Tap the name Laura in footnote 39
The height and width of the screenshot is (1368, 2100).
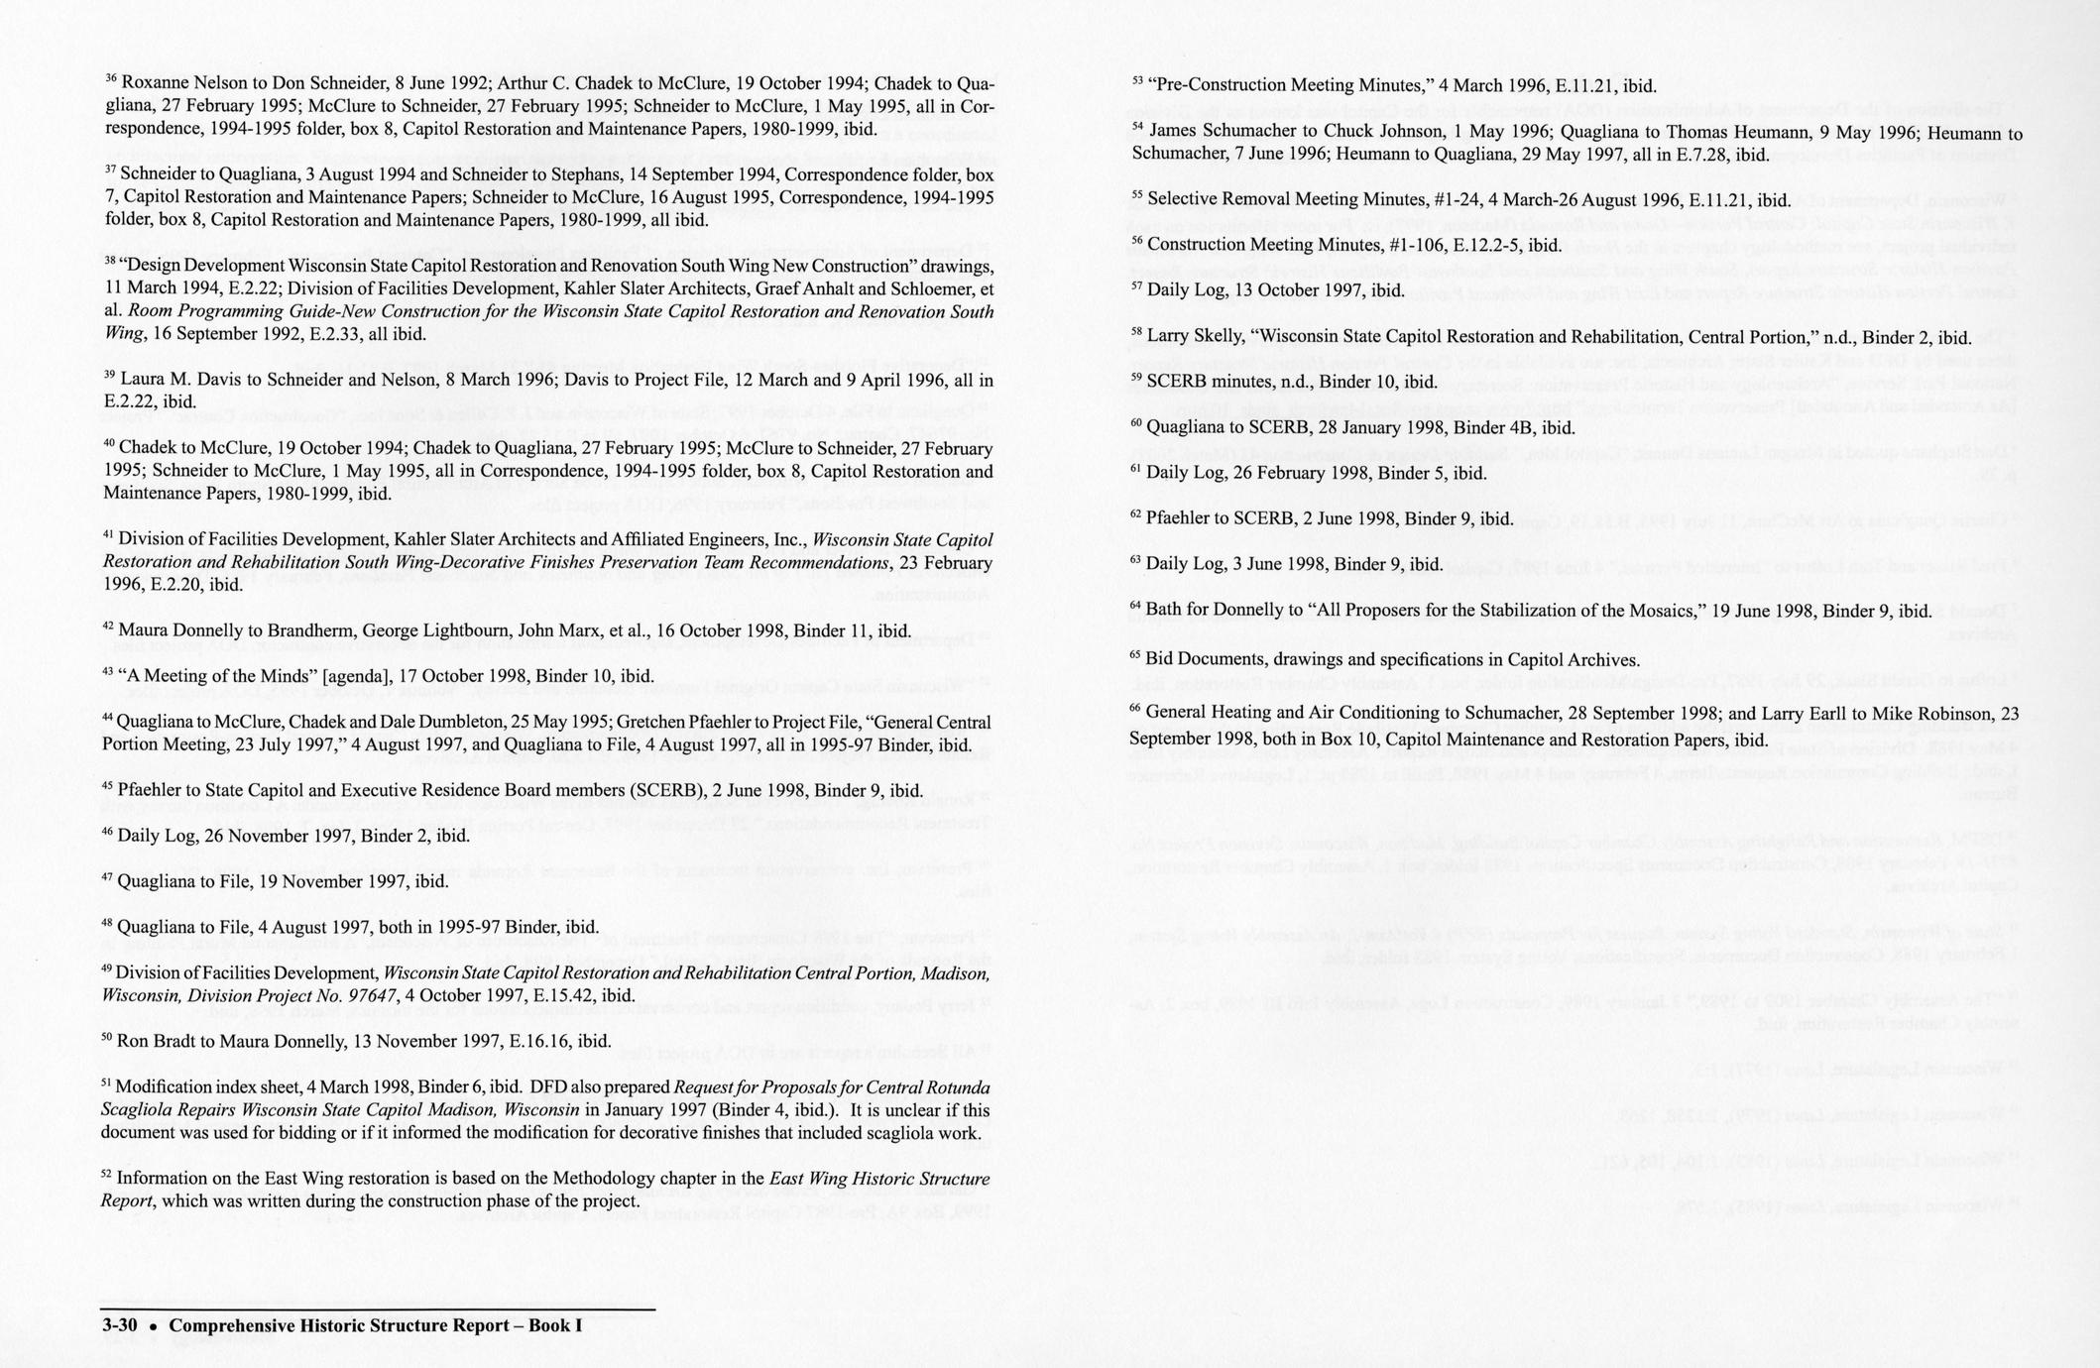[x=143, y=380]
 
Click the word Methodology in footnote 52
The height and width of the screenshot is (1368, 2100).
[x=603, y=1179]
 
